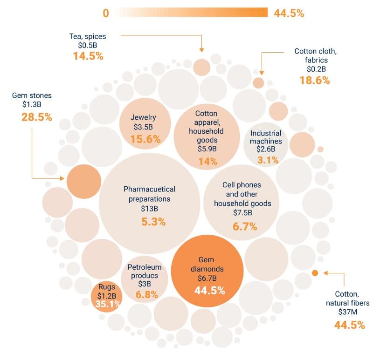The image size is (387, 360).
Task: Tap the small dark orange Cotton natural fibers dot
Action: pos(315,273)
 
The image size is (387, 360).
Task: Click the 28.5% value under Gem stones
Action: pos(36,117)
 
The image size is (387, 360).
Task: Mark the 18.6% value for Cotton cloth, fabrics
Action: pos(314,80)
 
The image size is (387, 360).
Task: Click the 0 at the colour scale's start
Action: pos(106,13)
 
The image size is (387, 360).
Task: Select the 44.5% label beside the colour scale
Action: pos(289,13)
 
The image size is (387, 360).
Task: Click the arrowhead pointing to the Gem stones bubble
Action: pos(63,178)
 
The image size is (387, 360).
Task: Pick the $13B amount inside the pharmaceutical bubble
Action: pos(149,209)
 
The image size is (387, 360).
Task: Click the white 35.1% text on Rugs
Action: pos(108,305)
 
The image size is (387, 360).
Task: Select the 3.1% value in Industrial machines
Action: pos(268,160)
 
